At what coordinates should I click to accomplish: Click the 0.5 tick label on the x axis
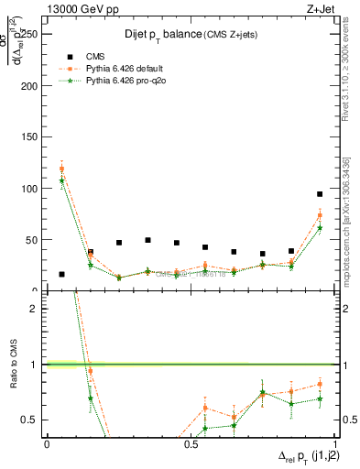point(191,443)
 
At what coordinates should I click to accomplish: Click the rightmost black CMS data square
point(319,194)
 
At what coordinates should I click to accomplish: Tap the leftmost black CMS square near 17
point(61,274)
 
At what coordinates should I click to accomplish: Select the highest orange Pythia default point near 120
point(61,169)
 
